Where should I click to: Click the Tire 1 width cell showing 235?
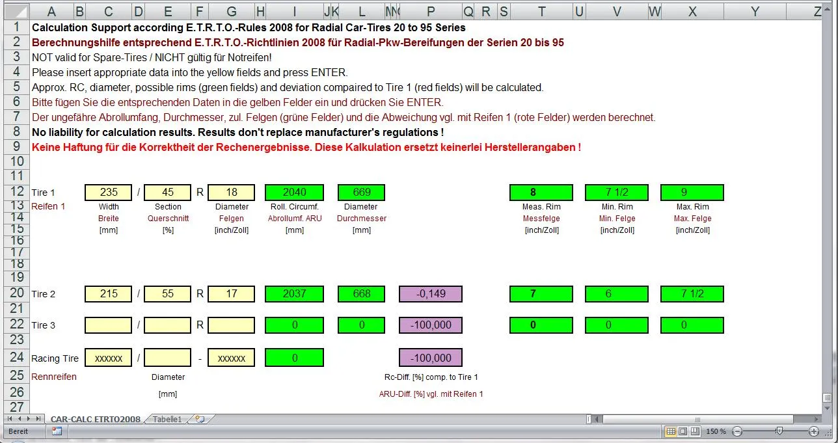click(x=108, y=193)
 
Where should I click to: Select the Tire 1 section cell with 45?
click(x=168, y=193)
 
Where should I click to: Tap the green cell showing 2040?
click(x=295, y=193)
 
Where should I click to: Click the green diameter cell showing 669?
click(x=361, y=193)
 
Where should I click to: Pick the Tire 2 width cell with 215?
click(x=108, y=294)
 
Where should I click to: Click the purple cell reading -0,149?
click(x=431, y=294)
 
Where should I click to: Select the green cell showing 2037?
click(x=295, y=294)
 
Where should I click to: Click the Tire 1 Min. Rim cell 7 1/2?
click(x=617, y=193)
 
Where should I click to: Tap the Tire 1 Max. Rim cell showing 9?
click(x=692, y=193)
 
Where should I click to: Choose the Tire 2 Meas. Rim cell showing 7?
click(x=541, y=294)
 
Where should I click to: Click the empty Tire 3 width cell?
click(x=108, y=325)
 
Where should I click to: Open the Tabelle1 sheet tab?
click(x=167, y=419)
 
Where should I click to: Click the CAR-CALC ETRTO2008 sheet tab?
click(x=96, y=419)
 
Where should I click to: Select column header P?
click(x=431, y=12)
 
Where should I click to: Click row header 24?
click(x=17, y=357)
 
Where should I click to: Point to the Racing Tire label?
click(x=55, y=358)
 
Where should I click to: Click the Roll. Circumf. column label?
click(x=295, y=206)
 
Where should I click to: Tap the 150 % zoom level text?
click(x=716, y=431)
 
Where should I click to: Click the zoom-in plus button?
click(x=814, y=431)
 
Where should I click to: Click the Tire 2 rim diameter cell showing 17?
click(x=231, y=294)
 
